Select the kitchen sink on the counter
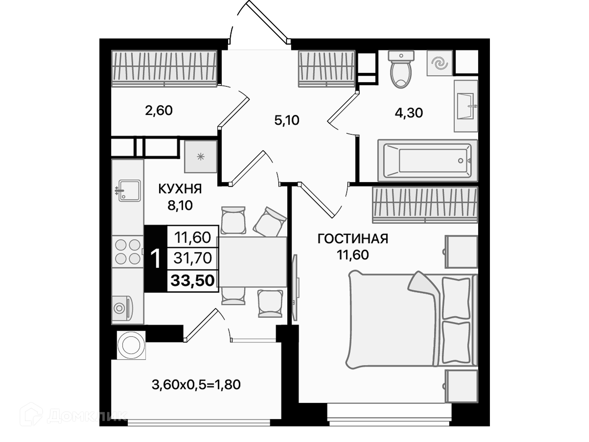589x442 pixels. [128, 191]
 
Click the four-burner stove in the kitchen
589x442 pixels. [128, 252]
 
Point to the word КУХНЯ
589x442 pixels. [180, 189]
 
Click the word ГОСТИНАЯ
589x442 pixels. [353, 239]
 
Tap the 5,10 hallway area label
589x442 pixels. [287, 120]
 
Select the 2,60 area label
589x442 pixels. [159, 110]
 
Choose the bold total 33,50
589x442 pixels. [193, 281]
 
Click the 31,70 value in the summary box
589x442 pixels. [193, 258]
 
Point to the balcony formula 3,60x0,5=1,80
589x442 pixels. [196, 385]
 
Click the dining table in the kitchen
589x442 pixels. [252, 262]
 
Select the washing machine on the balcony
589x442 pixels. [131, 345]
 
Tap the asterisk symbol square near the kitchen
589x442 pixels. [201, 157]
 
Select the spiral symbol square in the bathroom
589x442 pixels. [440, 63]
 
